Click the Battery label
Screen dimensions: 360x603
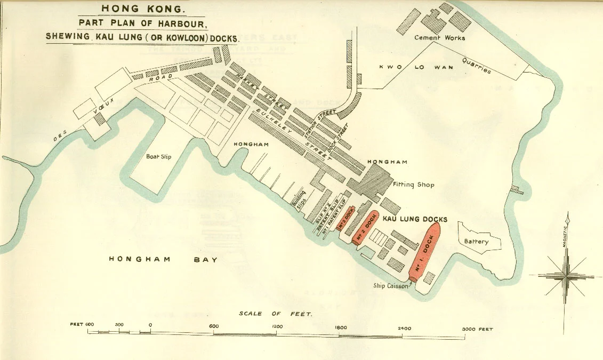pyautogui.click(x=476, y=242)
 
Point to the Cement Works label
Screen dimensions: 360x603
pyautogui.click(x=440, y=38)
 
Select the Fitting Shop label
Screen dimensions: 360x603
pyautogui.click(x=413, y=185)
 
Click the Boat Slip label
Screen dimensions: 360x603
pyautogui.click(x=158, y=157)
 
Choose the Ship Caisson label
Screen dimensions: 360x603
pyautogui.click(x=391, y=286)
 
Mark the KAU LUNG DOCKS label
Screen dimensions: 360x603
pyautogui.click(x=415, y=219)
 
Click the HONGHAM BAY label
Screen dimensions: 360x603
pyautogui.click(x=164, y=259)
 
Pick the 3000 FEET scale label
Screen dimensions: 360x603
pyautogui.click(x=478, y=329)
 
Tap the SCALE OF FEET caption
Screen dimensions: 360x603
pyautogui.click(x=276, y=314)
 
